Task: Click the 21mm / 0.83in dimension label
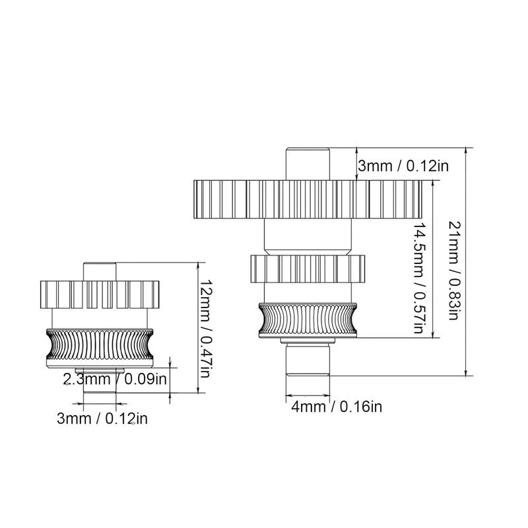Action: (453, 269)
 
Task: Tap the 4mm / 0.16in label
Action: (337, 406)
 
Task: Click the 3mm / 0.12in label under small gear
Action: (100, 418)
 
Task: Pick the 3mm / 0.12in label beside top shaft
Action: (403, 166)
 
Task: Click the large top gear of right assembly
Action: (308, 199)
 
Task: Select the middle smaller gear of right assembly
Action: (308, 268)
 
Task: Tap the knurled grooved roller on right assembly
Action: (308, 319)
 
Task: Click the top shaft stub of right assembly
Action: (308, 162)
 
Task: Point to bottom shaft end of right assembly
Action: (308, 360)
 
